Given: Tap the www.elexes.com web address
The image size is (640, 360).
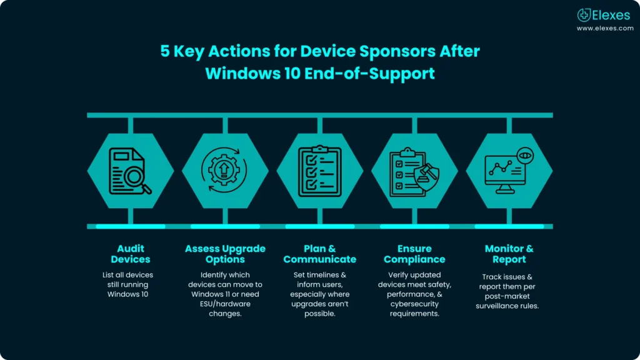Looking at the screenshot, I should [x=604, y=28].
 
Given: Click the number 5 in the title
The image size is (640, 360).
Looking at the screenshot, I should [x=165, y=51].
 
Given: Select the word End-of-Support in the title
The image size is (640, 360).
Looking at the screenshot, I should [x=377, y=73].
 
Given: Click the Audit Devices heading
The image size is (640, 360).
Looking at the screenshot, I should [x=131, y=254].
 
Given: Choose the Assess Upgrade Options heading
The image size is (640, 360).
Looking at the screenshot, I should [x=225, y=254].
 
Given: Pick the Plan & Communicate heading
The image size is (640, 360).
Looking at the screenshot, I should [x=319, y=254].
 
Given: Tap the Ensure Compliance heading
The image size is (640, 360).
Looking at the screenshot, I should [x=414, y=254].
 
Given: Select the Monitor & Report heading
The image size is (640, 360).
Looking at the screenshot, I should [x=509, y=254].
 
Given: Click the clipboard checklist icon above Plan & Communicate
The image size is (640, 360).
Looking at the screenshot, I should [x=319, y=171].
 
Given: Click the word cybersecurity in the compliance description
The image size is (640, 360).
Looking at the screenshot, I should [x=414, y=304].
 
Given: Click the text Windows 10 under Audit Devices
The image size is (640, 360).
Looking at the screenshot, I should [x=127, y=294].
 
